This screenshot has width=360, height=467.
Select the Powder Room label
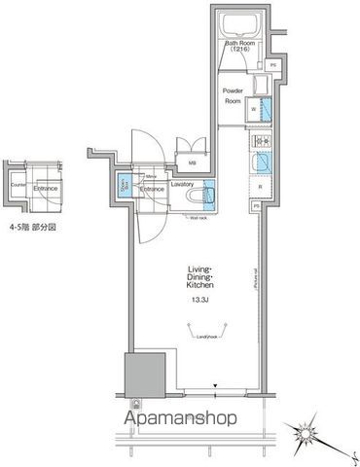(x=234, y=94)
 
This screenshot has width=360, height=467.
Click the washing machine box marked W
(x=255, y=111)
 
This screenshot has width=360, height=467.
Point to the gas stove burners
(x=260, y=138)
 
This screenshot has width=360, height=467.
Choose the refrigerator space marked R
(x=260, y=185)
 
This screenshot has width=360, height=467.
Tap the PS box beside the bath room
(x=273, y=65)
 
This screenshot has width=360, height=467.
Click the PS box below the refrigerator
(x=257, y=207)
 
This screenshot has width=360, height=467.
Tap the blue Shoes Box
(x=125, y=185)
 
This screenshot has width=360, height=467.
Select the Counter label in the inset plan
(x=17, y=184)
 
